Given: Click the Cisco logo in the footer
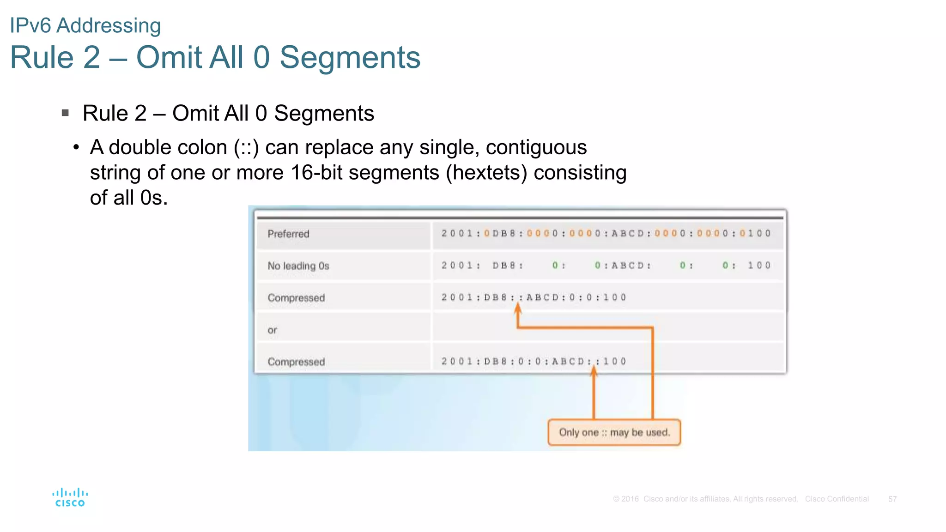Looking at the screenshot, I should click(x=70, y=497).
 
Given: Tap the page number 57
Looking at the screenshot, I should click(x=892, y=499).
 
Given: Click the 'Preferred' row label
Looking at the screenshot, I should click(x=288, y=234).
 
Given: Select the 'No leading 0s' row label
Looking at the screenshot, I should click(x=298, y=266).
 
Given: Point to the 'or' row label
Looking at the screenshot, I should click(x=272, y=330).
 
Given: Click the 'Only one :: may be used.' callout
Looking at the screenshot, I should click(x=614, y=433).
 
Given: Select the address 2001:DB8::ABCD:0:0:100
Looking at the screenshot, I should click(x=534, y=297).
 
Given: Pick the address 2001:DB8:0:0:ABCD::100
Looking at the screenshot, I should click(x=534, y=362).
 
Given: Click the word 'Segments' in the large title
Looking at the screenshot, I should click(x=350, y=58).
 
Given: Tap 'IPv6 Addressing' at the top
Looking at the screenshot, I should click(x=85, y=25).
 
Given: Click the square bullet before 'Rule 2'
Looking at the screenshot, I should click(x=65, y=113).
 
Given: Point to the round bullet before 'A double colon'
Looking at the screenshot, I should click(x=76, y=148).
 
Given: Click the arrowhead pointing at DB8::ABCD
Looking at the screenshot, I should click(x=518, y=309).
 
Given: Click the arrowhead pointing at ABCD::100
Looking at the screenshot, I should click(x=594, y=371).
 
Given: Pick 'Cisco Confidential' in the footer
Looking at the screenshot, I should click(x=837, y=499).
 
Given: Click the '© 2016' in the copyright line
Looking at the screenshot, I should click(x=625, y=499).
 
